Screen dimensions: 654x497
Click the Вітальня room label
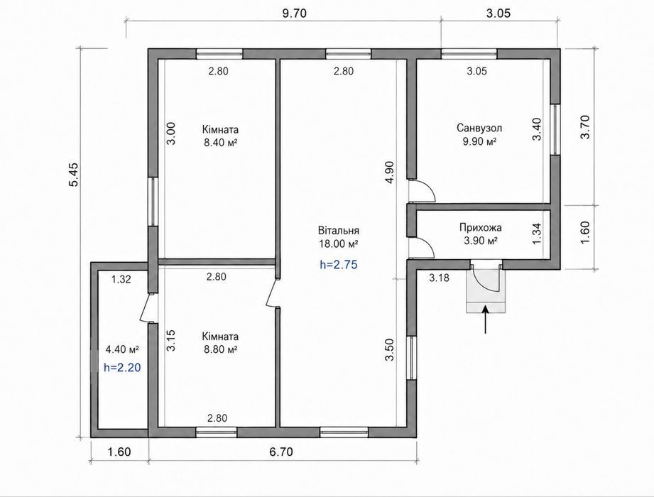[338, 231]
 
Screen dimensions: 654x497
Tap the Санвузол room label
[479, 128]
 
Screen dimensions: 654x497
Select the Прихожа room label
[481, 228]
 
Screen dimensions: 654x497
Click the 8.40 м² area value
[221, 143]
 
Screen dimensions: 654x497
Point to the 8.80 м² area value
[220, 349]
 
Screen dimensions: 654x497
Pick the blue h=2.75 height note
[338, 264]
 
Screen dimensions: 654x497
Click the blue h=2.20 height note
[122, 367]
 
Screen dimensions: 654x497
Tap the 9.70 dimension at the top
[294, 13]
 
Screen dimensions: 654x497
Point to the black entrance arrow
[485, 319]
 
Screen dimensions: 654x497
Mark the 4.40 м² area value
[122, 349]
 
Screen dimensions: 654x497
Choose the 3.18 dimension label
[440, 278]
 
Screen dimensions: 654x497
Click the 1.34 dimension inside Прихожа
[537, 234]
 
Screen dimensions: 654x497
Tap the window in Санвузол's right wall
[555, 129]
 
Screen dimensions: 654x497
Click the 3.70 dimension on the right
[585, 127]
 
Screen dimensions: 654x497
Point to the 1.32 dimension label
[121, 279]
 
